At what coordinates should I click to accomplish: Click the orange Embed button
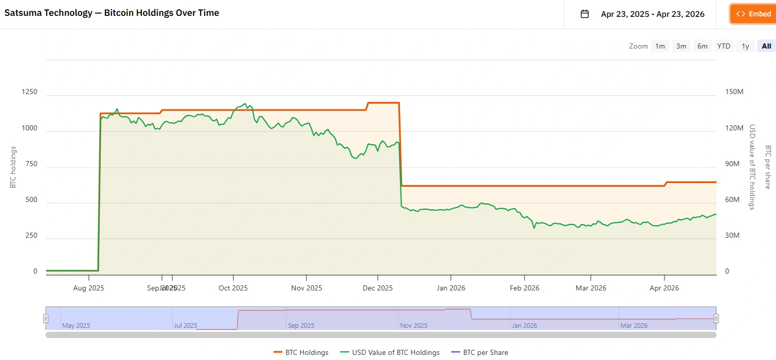pos(752,14)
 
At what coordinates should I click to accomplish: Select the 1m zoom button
pos(660,46)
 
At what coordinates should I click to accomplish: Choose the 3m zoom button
pos(681,46)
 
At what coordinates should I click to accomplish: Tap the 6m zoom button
pos(702,46)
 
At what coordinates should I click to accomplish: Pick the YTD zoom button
pos(723,46)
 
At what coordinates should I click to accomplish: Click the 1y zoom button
pos(745,46)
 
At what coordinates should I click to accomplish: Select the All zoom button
pos(766,46)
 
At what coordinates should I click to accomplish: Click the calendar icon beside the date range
pos(585,14)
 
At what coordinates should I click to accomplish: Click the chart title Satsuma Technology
pos(112,13)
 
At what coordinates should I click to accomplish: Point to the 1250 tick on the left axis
pos(29,92)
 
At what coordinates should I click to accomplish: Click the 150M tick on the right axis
pos(734,92)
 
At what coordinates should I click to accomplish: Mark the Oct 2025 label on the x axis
pos(233,288)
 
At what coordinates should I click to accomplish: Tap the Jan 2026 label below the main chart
pos(451,288)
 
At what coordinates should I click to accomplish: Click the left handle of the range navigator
pos(46,319)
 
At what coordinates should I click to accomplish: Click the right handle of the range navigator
pos(716,319)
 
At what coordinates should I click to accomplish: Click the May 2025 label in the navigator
pos(76,325)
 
